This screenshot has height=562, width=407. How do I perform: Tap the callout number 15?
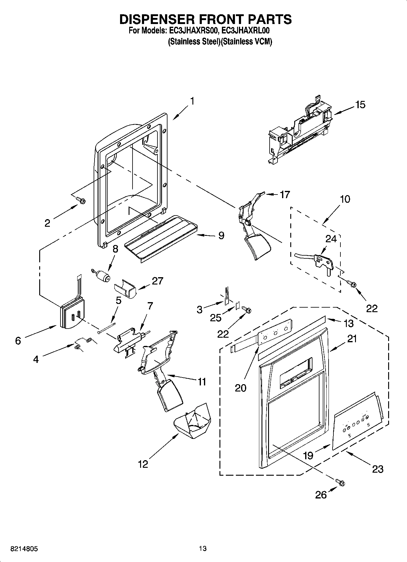[x=360, y=105]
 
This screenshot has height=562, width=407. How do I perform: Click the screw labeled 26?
[x=340, y=482]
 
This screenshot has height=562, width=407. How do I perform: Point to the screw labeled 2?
[x=81, y=200]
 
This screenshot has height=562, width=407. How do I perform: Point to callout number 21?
[x=352, y=339]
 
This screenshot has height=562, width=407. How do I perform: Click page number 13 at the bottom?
[x=203, y=549]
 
